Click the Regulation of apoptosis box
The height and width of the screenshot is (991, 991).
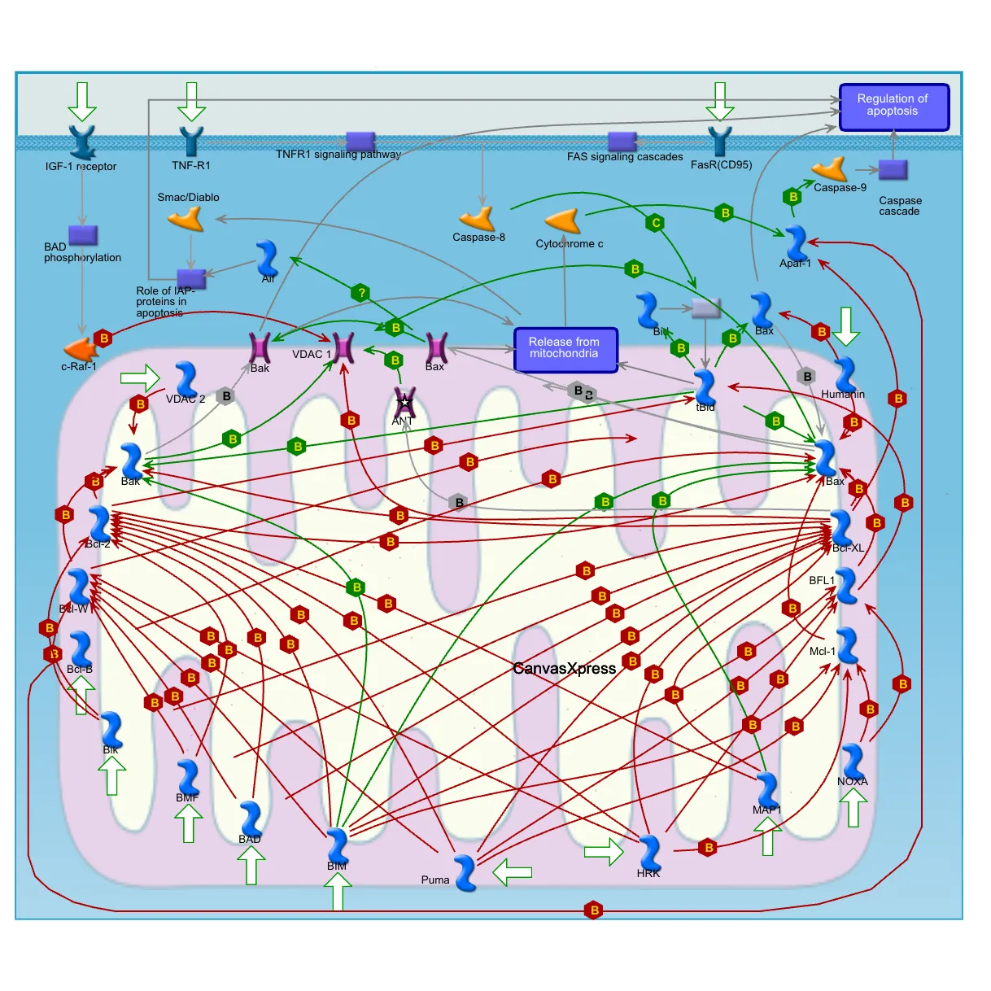point(893,107)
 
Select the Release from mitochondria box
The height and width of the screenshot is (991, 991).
point(565,349)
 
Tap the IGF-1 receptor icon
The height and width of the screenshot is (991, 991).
point(82,142)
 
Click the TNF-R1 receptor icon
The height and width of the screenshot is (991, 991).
point(191,142)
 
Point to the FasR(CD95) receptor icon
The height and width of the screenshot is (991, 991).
point(719,142)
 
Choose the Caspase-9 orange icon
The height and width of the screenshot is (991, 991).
point(831,169)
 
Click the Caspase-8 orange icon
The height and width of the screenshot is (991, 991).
point(478,219)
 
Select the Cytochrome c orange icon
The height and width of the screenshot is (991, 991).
point(563,222)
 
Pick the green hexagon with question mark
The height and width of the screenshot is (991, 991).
point(360,292)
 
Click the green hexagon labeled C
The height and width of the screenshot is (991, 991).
point(656,222)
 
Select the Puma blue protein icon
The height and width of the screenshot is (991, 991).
point(465,872)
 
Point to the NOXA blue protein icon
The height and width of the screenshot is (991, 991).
point(853,762)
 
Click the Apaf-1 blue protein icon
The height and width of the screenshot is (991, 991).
point(796,243)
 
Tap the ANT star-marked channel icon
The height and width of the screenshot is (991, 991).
point(404,402)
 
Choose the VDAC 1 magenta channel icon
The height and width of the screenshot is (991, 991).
point(343,347)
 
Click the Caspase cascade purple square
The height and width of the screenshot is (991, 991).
point(893,170)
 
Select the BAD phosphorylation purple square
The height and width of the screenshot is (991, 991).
point(82,235)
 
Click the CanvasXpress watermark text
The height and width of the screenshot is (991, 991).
point(564,669)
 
